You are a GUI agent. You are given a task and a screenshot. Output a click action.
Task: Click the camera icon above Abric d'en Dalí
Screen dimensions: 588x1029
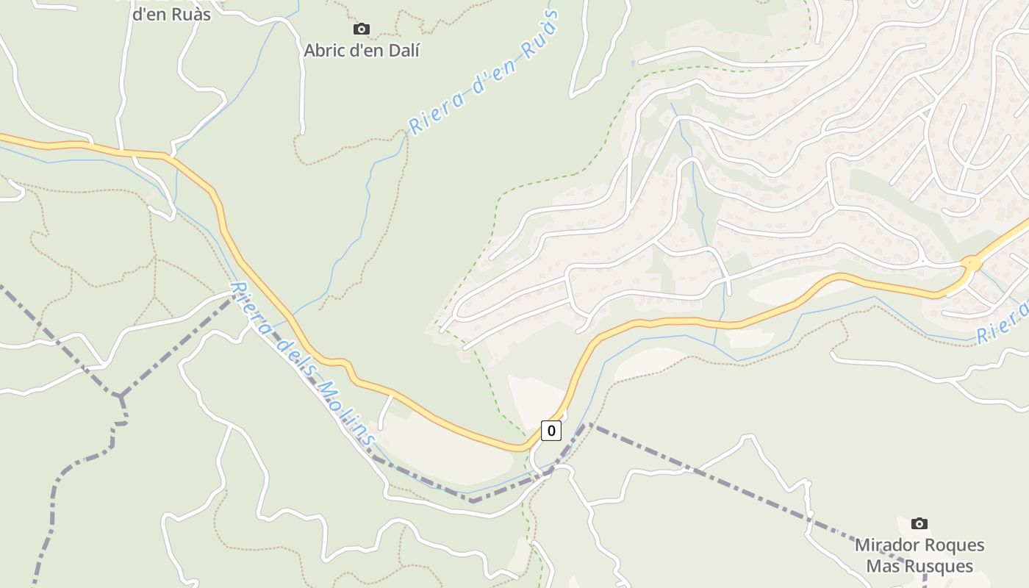[361, 29]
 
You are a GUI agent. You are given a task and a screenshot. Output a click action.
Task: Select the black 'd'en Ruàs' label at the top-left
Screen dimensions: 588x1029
[171, 13]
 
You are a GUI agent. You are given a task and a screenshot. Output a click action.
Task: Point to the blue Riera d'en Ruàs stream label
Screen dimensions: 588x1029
[483, 72]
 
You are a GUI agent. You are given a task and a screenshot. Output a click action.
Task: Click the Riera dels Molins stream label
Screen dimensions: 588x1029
[303, 364]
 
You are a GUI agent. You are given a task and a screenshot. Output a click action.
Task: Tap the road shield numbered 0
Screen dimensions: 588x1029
[551, 431]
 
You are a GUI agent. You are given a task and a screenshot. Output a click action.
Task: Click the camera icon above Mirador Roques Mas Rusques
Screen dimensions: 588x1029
[919, 523]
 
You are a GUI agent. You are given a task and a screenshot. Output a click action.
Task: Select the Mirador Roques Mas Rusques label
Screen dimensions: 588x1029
[919, 556]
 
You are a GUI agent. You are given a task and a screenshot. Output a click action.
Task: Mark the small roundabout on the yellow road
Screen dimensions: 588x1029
[971, 262]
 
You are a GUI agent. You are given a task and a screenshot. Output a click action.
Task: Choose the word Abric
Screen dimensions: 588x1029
[326, 51]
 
